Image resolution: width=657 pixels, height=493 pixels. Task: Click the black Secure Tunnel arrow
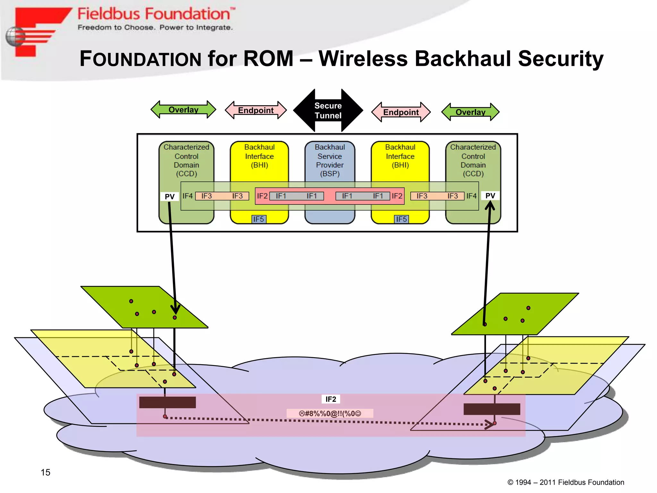click(328, 110)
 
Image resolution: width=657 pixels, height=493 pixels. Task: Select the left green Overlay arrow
click(183, 110)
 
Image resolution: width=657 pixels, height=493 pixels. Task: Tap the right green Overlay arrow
click(470, 112)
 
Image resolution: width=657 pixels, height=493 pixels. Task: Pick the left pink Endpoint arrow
click(256, 110)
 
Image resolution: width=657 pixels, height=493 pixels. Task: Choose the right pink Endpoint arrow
click(401, 112)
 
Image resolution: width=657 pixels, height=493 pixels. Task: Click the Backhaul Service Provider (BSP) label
click(329, 160)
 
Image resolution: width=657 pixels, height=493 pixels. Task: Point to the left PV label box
click(169, 196)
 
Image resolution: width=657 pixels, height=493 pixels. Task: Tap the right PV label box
click(490, 195)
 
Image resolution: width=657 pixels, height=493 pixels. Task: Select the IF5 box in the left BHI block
click(259, 219)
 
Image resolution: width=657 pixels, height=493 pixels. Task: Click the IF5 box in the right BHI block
click(401, 219)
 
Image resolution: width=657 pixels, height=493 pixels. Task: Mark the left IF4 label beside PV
click(187, 196)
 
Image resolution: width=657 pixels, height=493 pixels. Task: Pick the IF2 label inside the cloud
click(331, 399)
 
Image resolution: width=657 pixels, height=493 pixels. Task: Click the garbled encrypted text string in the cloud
click(330, 413)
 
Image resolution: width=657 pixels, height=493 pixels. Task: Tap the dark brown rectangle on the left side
click(167, 402)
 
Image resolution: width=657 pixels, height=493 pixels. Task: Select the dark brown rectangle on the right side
click(491, 409)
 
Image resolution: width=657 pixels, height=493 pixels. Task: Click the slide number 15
click(45, 472)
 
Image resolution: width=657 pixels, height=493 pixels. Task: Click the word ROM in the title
click(268, 59)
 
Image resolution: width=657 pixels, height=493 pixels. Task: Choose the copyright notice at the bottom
click(566, 482)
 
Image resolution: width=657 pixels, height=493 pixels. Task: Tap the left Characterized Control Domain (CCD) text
click(186, 160)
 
